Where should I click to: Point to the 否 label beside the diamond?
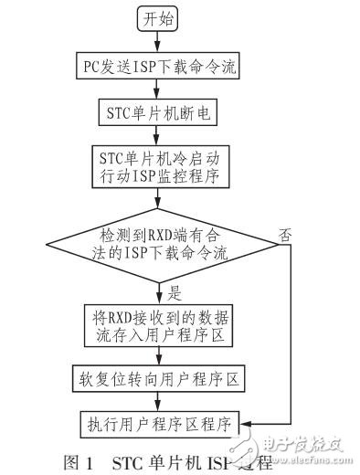pyautogui.click(x=287, y=234)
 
